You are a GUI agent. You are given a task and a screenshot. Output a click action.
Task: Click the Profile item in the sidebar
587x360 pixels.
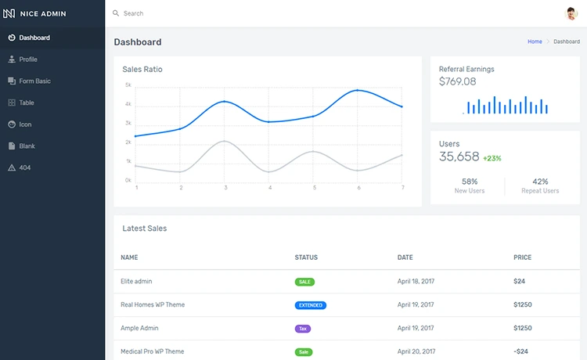tap(28, 59)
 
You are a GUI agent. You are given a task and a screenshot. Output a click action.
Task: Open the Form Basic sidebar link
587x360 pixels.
tap(34, 81)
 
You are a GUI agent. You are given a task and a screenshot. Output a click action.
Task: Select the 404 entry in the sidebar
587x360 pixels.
tap(24, 167)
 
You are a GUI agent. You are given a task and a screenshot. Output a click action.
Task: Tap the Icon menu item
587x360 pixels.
tap(25, 124)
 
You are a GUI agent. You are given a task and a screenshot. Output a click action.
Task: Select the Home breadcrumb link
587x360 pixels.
tap(535, 41)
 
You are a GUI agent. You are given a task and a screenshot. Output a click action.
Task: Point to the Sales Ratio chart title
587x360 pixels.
tap(142, 70)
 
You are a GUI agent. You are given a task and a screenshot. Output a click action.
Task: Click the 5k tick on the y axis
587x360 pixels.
tap(128, 85)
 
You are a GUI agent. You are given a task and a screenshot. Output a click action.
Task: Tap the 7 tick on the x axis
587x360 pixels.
tap(402, 188)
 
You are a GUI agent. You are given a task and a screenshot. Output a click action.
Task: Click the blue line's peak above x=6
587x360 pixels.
tap(358, 91)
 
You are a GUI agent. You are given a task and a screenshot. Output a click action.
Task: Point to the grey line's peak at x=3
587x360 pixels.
tap(225, 141)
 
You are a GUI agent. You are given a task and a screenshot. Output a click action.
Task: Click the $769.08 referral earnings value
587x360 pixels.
tap(457, 81)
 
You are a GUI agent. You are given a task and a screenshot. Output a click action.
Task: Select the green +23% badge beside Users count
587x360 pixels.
tap(492, 158)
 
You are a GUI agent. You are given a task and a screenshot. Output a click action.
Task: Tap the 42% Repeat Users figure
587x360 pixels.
tap(540, 182)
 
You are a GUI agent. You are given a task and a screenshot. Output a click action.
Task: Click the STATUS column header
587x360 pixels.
tap(306, 257)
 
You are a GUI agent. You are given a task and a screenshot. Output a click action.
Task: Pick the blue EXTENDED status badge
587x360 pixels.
tap(311, 305)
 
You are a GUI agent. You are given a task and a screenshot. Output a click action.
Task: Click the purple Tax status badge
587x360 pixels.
tap(303, 329)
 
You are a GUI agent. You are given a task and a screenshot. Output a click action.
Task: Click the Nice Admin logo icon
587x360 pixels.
tap(10, 13)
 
